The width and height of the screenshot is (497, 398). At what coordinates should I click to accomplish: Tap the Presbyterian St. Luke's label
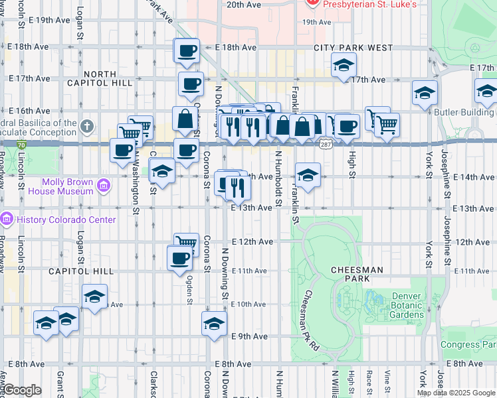click(x=369, y=4)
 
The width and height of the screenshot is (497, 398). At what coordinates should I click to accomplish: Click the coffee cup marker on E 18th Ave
click(x=187, y=50)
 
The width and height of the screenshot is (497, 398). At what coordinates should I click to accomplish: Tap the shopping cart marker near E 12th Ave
click(x=186, y=244)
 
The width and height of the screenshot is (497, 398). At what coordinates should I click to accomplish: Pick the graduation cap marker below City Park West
click(x=344, y=66)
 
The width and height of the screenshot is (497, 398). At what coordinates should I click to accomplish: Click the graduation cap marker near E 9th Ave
click(x=214, y=324)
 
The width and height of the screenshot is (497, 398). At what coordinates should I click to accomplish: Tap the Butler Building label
click(x=464, y=112)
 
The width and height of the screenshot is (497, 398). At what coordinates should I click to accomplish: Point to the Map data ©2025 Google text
click(x=456, y=393)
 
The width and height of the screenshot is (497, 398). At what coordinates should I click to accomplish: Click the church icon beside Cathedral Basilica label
click(x=87, y=126)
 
